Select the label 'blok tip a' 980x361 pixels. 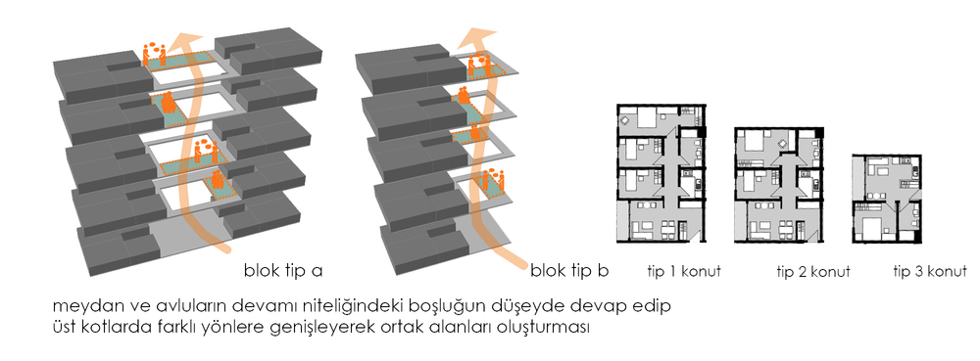tap(283, 271)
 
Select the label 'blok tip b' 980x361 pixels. tap(569, 271)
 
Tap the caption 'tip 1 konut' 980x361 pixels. tap(684, 272)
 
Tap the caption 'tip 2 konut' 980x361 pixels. tap(813, 272)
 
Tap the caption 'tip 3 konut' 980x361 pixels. tap(930, 272)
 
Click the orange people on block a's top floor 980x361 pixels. tap(154, 55)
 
